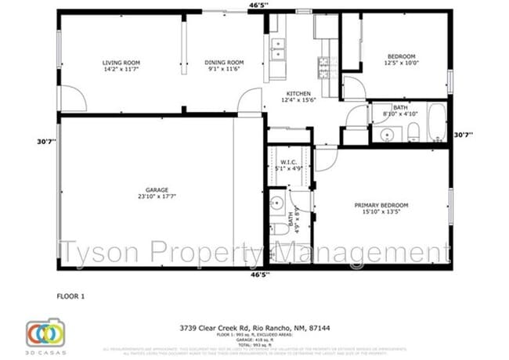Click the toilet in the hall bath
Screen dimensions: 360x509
[413, 131]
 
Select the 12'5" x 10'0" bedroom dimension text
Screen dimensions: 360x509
[401, 67]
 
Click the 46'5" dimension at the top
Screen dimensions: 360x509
[258, 5]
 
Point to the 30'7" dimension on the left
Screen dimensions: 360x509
[45, 142]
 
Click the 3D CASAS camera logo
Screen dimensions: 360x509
[44, 333]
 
